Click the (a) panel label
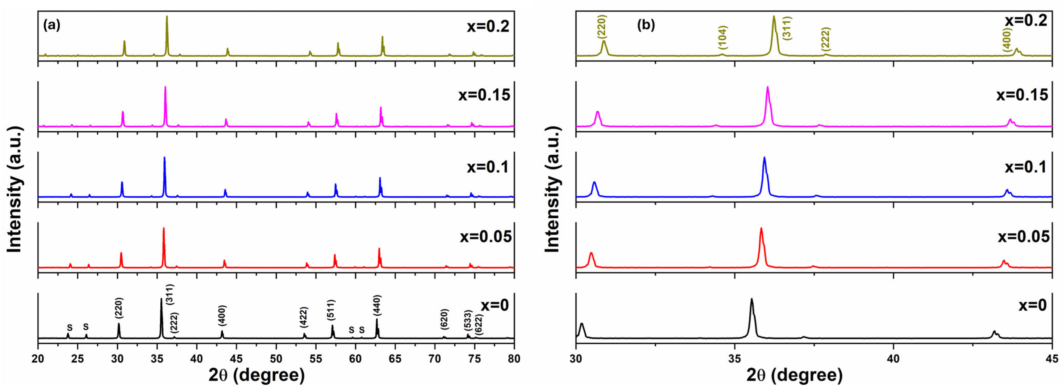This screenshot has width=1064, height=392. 52,26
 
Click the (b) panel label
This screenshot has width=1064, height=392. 646,26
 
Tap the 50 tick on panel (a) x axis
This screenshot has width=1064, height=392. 276,359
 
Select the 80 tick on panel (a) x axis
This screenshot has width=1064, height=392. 514,359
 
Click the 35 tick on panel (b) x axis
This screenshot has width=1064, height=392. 734,359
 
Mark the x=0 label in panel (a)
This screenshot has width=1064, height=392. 494,305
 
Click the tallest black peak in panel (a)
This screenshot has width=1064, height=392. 161,299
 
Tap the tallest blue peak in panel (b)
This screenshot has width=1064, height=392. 764,158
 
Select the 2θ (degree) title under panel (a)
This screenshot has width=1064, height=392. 256,376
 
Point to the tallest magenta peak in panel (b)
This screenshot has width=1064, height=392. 767,88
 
